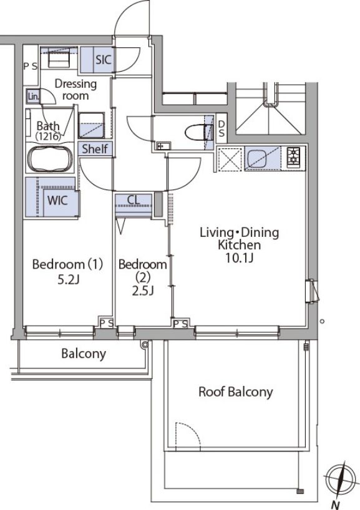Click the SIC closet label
point(103,59)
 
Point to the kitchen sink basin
point(257,158)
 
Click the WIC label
point(57,200)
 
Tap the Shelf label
point(95,149)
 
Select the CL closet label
point(134,200)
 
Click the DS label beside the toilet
point(221,128)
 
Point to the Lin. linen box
point(33,97)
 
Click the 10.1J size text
point(239,258)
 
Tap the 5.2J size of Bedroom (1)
point(68,279)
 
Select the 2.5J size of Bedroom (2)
point(142,291)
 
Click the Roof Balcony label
point(235,392)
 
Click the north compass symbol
point(339,479)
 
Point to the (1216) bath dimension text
point(48,136)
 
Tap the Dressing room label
point(75,89)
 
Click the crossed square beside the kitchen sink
point(230,159)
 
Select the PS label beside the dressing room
point(31,66)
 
